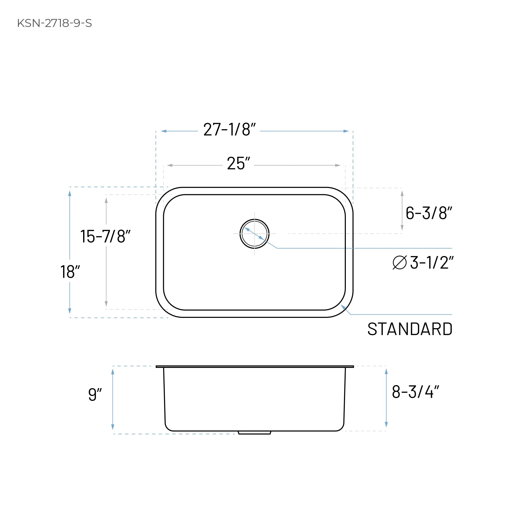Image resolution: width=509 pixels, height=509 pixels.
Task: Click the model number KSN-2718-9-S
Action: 55,23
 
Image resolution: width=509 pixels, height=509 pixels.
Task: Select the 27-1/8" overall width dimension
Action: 229,130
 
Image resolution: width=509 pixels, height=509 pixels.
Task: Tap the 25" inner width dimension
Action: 238,164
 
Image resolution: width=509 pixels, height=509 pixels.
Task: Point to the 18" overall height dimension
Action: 70,272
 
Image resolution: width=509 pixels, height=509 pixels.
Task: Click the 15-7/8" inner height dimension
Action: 105,236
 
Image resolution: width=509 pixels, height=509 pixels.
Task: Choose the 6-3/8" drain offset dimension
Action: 429,213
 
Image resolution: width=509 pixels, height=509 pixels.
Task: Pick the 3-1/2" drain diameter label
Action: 432,263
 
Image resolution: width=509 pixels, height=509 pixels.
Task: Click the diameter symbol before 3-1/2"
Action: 400,263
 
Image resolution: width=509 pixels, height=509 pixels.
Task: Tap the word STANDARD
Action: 410,329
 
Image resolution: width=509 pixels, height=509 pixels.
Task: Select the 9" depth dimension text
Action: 95,395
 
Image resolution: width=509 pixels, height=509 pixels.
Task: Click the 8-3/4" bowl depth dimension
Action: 415,392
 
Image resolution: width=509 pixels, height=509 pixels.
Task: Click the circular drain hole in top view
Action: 254,234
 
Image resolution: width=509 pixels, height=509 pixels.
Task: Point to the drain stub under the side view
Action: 254,433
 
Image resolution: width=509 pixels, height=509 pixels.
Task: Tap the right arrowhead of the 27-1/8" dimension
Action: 346,131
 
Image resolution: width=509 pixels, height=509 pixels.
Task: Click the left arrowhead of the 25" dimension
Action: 170,165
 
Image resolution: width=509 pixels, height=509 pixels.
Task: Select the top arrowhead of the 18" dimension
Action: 70,194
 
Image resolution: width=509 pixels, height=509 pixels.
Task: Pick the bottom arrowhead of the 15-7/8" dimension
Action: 106,304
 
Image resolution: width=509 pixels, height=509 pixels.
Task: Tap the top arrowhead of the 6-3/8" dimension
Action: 402,194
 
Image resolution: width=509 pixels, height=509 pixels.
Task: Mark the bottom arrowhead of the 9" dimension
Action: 113,427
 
